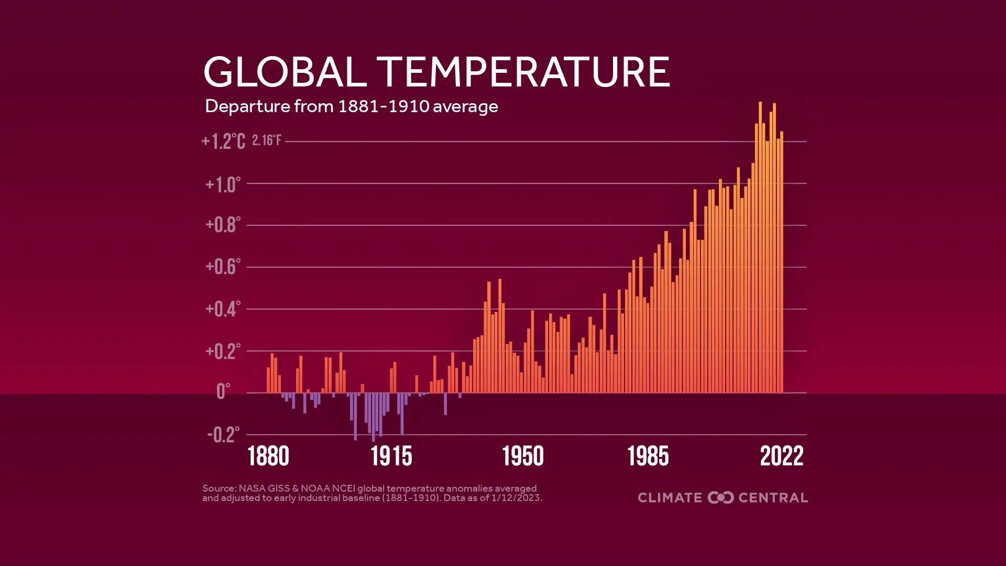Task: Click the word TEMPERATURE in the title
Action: (x=523, y=72)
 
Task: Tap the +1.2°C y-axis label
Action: (x=223, y=141)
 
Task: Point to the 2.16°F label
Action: (x=267, y=140)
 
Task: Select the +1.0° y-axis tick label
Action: (x=223, y=184)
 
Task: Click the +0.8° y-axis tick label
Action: (x=223, y=225)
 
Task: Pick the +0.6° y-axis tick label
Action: (x=223, y=267)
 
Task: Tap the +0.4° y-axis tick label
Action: (x=223, y=309)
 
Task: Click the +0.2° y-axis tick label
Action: (x=223, y=351)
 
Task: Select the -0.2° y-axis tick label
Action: (x=223, y=434)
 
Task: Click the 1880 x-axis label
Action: (x=268, y=456)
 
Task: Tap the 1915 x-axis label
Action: (x=391, y=456)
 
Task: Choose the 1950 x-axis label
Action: (x=523, y=456)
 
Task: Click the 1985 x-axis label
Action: (x=648, y=456)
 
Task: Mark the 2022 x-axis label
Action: (x=781, y=456)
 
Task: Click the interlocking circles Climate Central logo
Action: (x=720, y=497)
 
